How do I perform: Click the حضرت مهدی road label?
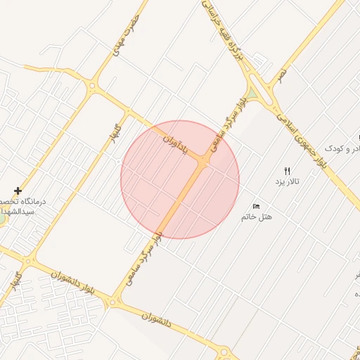coord(127,32)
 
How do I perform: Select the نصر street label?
coord(282,74)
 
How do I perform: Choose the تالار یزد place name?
coord(287,181)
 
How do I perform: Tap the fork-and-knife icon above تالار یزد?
coord(287,171)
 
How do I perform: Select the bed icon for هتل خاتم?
coord(256,206)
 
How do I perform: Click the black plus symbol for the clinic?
coord(18,191)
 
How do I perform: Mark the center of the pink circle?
coord(180,179)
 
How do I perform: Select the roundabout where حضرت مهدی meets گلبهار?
coord(92,86)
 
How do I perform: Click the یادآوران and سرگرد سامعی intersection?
coord(203,162)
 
